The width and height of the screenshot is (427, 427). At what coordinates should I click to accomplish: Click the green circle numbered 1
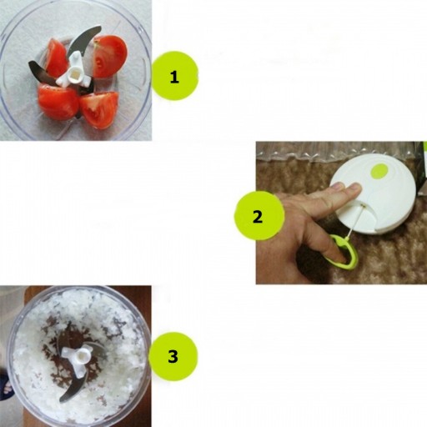point(174,76)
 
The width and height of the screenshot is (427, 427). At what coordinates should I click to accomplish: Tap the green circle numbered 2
point(259,215)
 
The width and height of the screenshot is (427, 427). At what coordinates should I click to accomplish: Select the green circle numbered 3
point(173,356)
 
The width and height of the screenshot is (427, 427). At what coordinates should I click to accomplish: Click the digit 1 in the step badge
point(174,77)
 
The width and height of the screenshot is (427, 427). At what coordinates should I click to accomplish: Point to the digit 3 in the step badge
point(173,356)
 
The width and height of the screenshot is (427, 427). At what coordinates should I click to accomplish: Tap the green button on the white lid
point(379,171)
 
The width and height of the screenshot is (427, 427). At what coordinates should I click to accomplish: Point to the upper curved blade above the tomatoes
point(83,39)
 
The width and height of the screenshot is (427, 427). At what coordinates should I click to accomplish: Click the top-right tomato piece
point(109,56)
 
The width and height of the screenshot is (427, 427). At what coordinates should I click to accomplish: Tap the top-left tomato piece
point(56,58)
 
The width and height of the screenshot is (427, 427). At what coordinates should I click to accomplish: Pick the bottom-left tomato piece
point(58,103)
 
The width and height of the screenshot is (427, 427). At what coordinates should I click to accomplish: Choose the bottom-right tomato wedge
point(99,110)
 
